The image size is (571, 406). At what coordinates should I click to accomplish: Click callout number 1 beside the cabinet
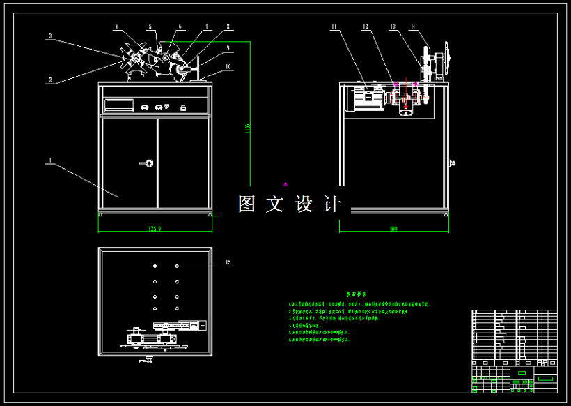click(49, 160)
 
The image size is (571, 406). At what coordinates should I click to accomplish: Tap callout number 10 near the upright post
click(228, 67)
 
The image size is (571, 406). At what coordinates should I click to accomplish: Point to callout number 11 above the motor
click(334, 27)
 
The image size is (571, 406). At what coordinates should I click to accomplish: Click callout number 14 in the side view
click(413, 27)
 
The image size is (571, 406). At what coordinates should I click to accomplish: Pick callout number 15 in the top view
click(228, 263)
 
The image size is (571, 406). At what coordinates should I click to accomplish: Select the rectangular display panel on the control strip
click(120, 106)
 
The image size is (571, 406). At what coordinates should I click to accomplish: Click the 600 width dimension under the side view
click(393, 228)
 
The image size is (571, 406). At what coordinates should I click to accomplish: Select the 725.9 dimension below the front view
click(155, 228)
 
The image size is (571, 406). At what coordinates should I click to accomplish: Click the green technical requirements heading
click(356, 295)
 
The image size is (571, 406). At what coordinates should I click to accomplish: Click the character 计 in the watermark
click(334, 204)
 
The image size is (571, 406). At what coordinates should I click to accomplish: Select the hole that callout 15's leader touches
click(178, 266)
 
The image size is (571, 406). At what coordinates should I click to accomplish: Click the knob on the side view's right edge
click(453, 165)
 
